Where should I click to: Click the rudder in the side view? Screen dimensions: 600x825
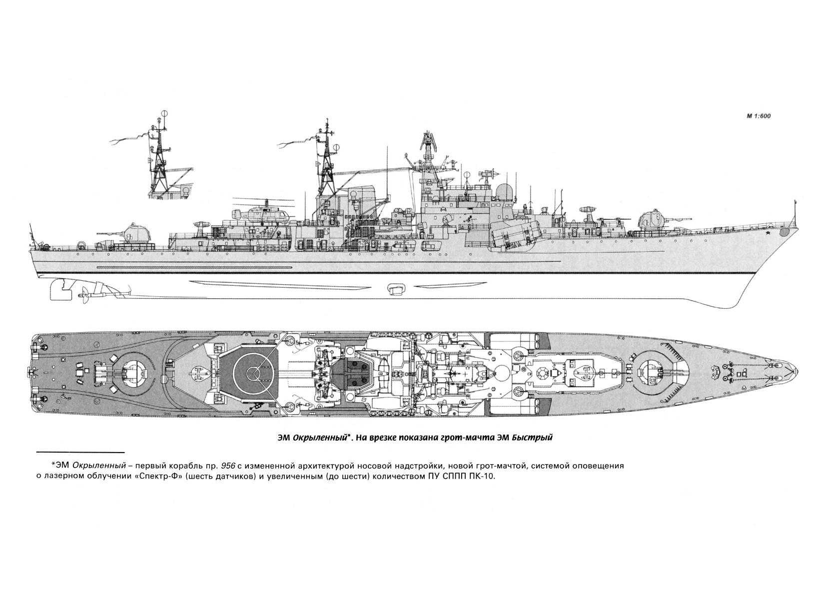click(59, 289)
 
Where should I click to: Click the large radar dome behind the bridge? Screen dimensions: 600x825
click(506, 192)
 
